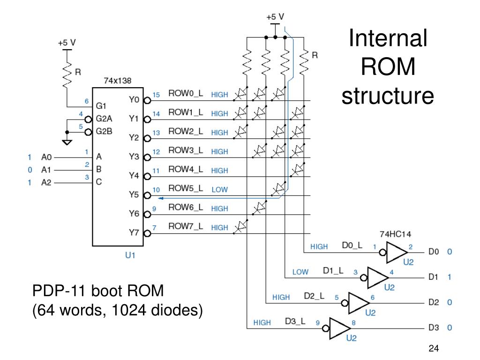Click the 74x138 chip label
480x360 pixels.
tap(118, 81)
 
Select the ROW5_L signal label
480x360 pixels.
tap(186, 188)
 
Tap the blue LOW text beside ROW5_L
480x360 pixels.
tap(219, 190)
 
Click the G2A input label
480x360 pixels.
tap(104, 119)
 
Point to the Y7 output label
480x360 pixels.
tap(134, 232)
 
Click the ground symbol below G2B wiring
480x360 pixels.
tap(67, 142)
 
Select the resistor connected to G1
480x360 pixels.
tap(67, 74)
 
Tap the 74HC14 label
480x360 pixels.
tap(395, 234)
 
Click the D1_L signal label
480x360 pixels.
tap(333, 270)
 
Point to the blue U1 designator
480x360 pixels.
tap(130, 255)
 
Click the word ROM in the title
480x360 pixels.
tap(388, 67)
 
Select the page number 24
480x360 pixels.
tap(434, 348)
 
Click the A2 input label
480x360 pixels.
tap(46, 182)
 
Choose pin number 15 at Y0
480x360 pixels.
tap(156, 95)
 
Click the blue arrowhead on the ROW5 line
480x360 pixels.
tap(161, 198)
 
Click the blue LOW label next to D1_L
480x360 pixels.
tap(300, 272)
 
